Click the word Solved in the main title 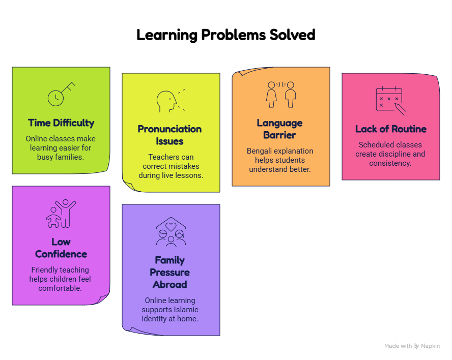coord(292,35)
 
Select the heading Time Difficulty coord(61,123)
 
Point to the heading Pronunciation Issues coord(169,135)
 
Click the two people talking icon coord(281,95)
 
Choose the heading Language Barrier coord(279,129)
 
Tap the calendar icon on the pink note coord(390,101)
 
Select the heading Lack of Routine coord(390,129)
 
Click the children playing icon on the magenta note coord(61,214)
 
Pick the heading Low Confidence coord(61,248)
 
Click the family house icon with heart coord(171,232)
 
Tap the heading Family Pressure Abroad coord(170,272)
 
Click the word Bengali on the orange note coord(258,151)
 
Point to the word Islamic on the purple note coord(186,310)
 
